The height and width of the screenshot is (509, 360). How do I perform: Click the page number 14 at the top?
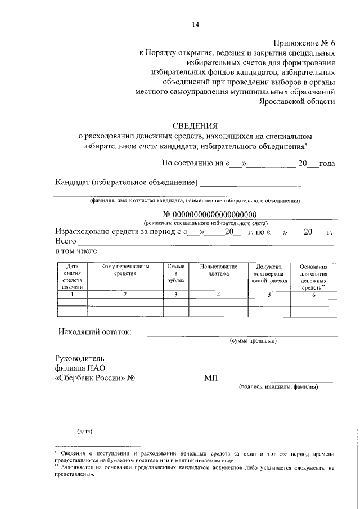pos(195,24)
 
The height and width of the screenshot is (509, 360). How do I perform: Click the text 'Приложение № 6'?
pos(304,43)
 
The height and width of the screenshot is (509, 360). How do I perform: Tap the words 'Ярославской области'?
pos(297,102)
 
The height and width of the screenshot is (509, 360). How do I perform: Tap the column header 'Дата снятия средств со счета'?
pos(72,276)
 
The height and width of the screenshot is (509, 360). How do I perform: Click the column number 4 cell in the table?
pos(218,294)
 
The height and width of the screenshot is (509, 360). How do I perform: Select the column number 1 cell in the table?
pos(72,294)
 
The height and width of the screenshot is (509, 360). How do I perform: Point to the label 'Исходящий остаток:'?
pos(94,331)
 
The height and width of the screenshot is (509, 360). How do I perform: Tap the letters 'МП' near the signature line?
pos(210,378)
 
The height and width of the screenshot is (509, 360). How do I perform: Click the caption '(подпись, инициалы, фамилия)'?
pos(278,387)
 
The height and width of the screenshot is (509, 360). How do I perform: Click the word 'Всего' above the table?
pos(65,241)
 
